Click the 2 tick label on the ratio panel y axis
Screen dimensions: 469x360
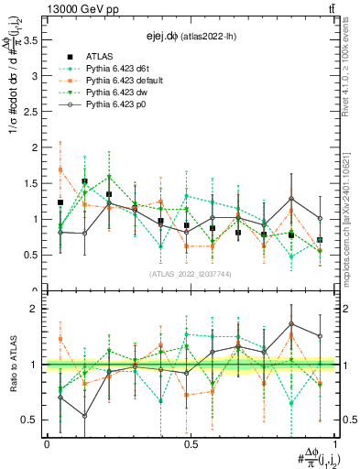pos(37,309)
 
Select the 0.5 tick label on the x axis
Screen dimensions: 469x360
pos(191,444)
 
